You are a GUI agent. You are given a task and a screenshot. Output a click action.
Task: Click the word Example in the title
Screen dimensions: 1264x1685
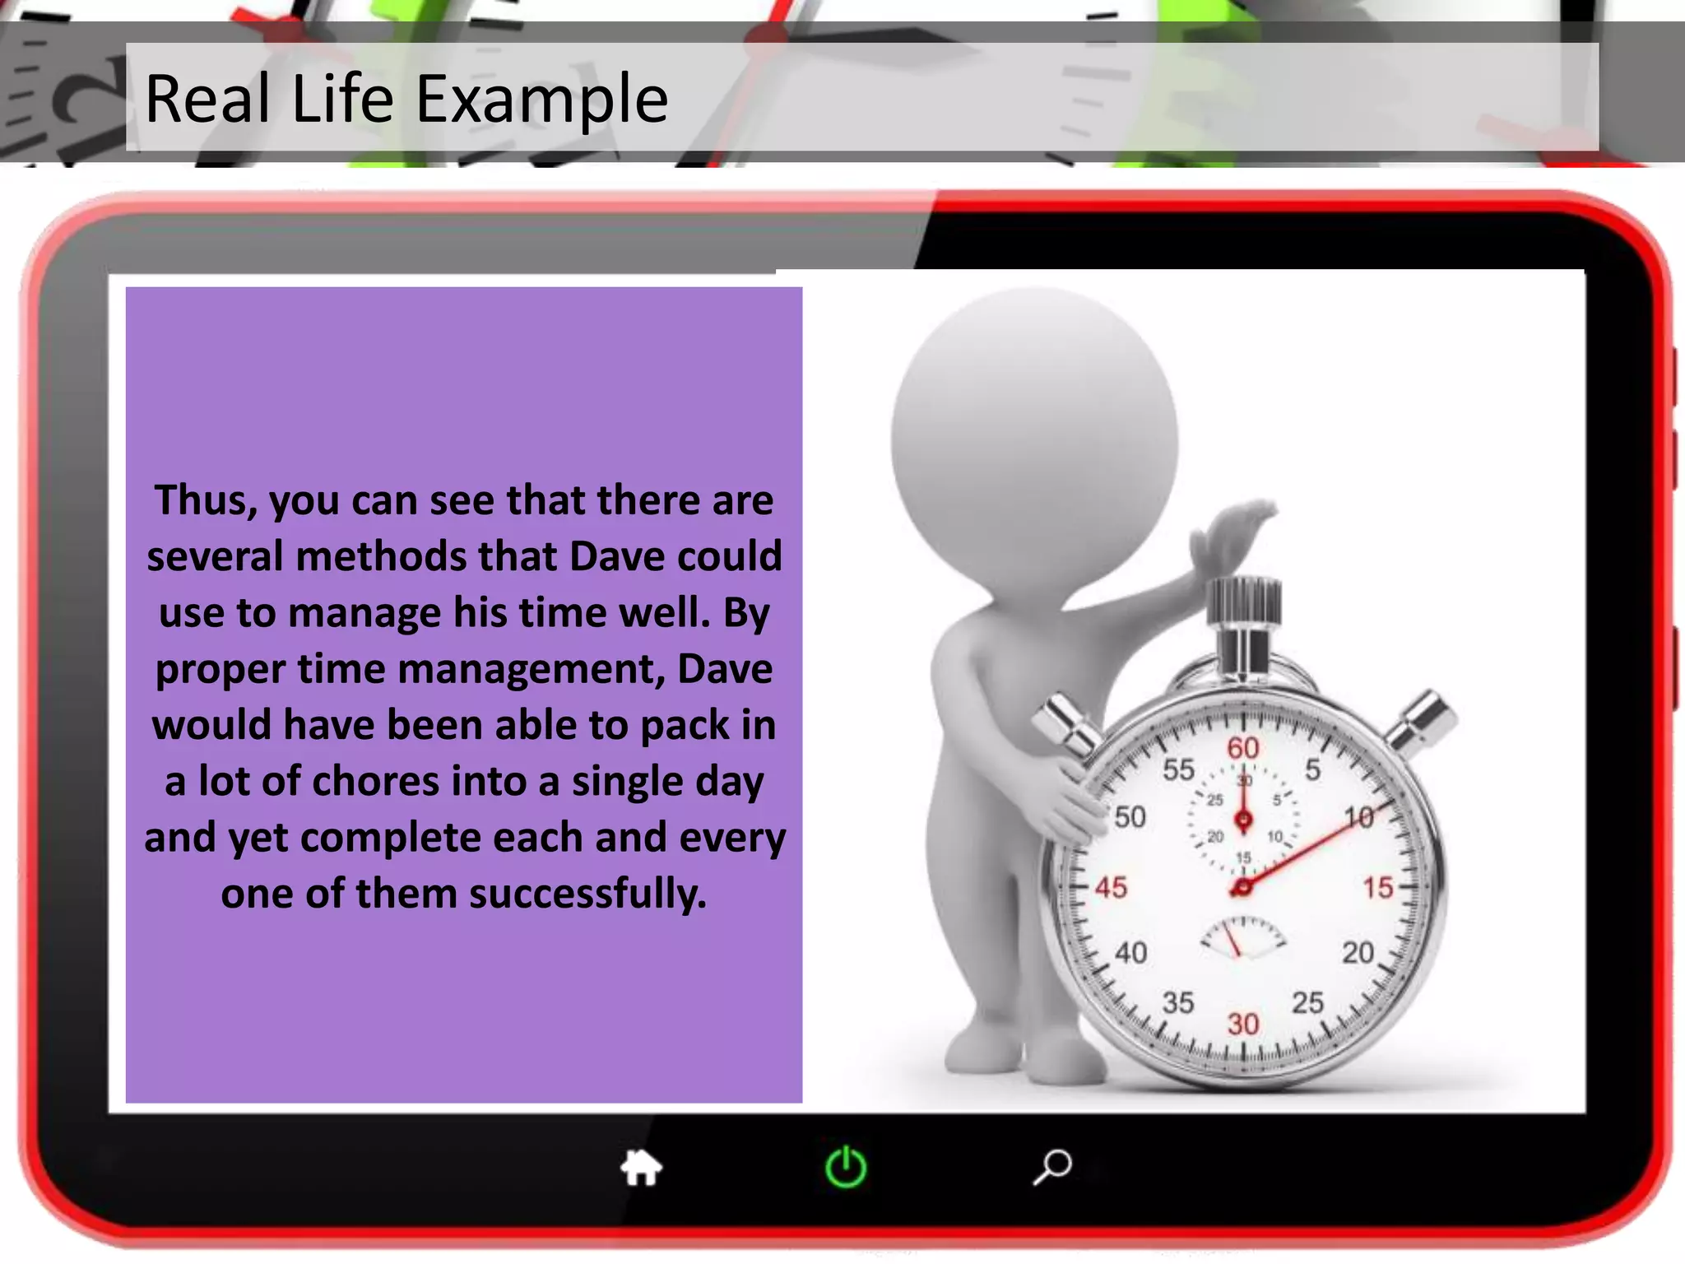(541, 100)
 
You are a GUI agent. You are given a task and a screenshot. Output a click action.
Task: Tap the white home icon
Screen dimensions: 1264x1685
(641, 1167)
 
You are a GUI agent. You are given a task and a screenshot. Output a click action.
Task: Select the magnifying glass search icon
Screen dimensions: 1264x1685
(1052, 1166)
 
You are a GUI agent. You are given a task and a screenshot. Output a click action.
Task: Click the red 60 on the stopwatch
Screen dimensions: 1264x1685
(1243, 748)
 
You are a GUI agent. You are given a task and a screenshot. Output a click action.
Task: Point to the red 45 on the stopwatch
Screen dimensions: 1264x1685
(1110, 888)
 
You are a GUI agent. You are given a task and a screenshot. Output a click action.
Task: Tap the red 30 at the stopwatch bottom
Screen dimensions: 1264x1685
(1243, 1025)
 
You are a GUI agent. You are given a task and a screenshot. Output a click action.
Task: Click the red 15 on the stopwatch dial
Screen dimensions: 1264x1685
(1377, 888)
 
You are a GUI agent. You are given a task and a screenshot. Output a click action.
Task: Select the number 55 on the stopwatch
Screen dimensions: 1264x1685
(1177, 769)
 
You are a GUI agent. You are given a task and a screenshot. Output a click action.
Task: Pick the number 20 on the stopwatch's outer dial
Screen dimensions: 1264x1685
(1358, 953)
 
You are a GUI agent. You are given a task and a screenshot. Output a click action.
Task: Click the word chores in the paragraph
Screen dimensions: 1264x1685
(375, 781)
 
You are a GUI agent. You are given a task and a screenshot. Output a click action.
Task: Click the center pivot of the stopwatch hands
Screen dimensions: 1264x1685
(1242, 887)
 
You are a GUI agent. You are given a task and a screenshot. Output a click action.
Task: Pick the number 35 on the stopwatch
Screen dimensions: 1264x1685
(1177, 1003)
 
